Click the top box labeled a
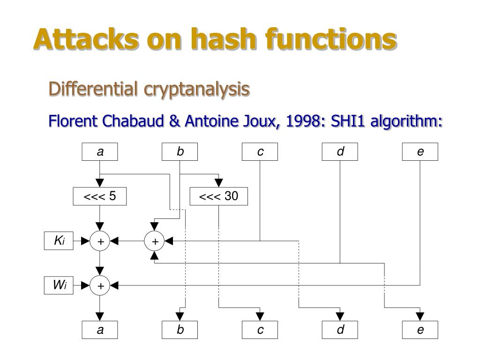tap(100, 152)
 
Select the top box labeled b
tap(180, 152)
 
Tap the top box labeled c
tap(260, 152)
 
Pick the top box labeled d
tap(340, 152)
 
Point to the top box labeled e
tap(420, 152)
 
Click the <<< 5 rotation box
tap(100, 196)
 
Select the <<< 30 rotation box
tap(218, 196)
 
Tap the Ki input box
tap(59, 241)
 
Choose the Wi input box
tap(59, 285)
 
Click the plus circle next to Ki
tap(100, 241)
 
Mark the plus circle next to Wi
tap(100, 285)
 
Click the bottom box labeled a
tap(100, 330)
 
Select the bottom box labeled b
tap(180, 330)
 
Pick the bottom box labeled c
tap(260, 330)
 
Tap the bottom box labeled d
tap(340, 330)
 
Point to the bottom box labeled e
tap(420, 330)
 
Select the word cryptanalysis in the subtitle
tap(196, 89)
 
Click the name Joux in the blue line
tap(261, 121)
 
